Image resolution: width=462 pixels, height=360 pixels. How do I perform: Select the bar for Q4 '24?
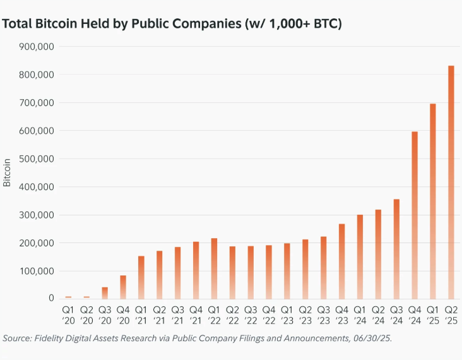point(415,215)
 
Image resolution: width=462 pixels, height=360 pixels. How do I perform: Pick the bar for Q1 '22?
point(214,268)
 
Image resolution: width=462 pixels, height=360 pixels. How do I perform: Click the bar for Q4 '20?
point(123,287)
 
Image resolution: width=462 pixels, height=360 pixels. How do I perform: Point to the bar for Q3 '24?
point(396,249)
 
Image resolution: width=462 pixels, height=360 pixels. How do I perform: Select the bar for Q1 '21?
point(141,277)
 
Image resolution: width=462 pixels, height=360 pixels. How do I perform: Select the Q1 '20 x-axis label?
point(68,315)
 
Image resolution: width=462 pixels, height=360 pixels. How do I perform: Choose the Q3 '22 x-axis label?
point(251,315)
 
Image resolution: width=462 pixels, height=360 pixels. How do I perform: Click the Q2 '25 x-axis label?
point(451,315)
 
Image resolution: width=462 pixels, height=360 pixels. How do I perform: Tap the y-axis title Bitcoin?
point(8,172)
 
